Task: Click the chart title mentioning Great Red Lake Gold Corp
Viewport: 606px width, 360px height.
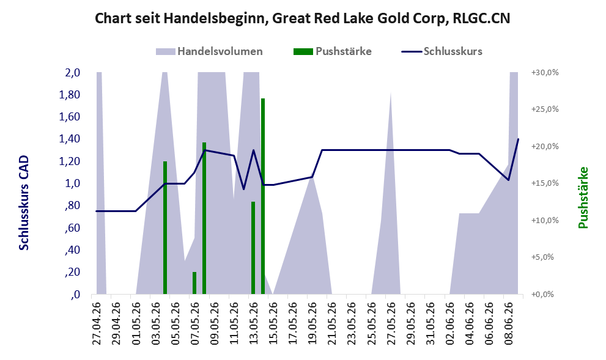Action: (x=302, y=18)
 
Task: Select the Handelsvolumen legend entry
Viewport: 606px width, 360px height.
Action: (x=209, y=51)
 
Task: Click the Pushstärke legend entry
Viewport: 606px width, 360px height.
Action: (x=333, y=51)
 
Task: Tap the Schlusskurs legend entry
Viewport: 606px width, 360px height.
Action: (x=442, y=51)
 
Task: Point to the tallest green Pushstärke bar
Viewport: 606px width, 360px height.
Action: (x=263, y=196)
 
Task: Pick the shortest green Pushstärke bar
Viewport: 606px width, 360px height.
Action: (x=194, y=283)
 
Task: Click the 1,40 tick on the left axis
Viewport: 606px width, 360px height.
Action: (x=70, y=139)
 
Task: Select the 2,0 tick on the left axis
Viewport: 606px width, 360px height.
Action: (x=73, y=73)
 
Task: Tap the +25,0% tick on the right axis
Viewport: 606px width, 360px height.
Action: (x=545, y=109)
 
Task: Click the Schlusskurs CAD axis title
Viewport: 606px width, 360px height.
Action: (x=24, y=203)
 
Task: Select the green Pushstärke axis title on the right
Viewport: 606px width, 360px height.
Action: (x=583, y=197)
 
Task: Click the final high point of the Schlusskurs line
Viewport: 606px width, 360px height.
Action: (x=518, y=139)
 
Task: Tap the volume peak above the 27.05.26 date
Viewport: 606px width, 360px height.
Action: (x=391, y=92)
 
